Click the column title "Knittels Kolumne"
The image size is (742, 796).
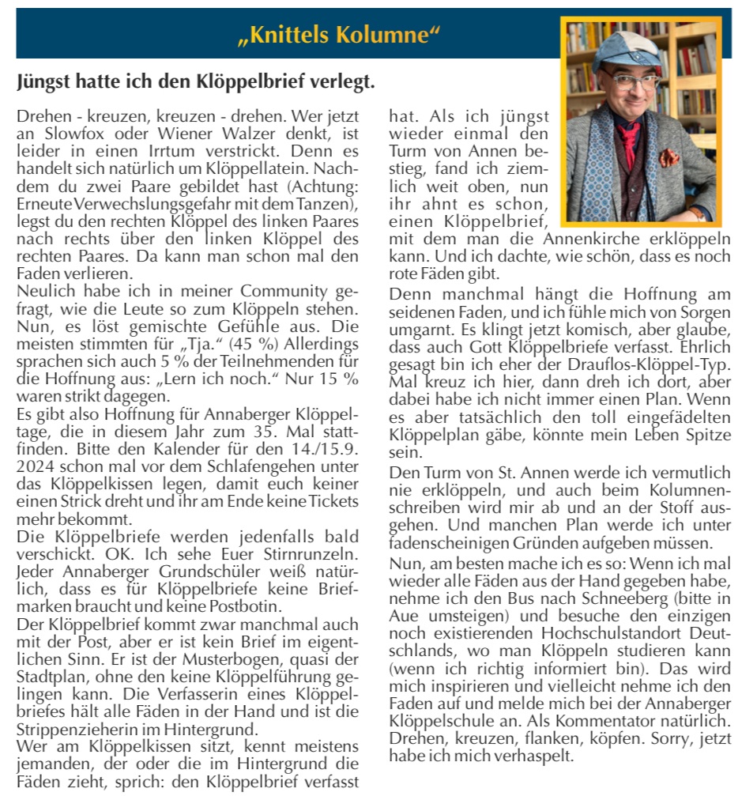click(338, 36)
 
